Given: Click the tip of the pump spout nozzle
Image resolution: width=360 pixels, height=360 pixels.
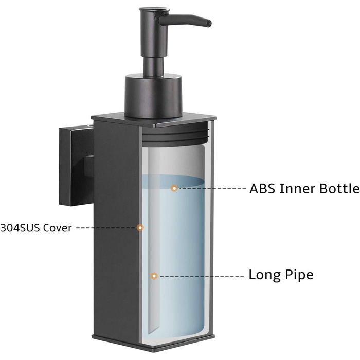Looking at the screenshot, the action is click(x=210, y=24).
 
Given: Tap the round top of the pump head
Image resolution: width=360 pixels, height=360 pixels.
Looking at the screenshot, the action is click(x=154, y=10).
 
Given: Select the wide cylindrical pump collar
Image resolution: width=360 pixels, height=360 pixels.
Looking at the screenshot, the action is click(x=153, y=96).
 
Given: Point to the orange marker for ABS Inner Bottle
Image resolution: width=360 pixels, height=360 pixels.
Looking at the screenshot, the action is click(x=174, y=188).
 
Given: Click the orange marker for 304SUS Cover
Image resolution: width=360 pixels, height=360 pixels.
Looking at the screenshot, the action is click(x=140, y=228).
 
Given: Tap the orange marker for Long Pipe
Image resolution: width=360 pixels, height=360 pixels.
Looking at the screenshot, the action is click(x=154, y=276).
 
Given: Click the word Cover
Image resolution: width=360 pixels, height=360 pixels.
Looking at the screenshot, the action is click(x=58, y=228).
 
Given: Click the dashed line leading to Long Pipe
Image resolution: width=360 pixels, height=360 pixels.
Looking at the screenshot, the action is click(x=202, y=276).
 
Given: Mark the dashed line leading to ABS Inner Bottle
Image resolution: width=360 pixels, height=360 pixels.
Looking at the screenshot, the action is click(x=212, y=188).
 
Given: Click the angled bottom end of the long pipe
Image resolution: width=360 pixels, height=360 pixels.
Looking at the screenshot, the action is click(x=153, y=330).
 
